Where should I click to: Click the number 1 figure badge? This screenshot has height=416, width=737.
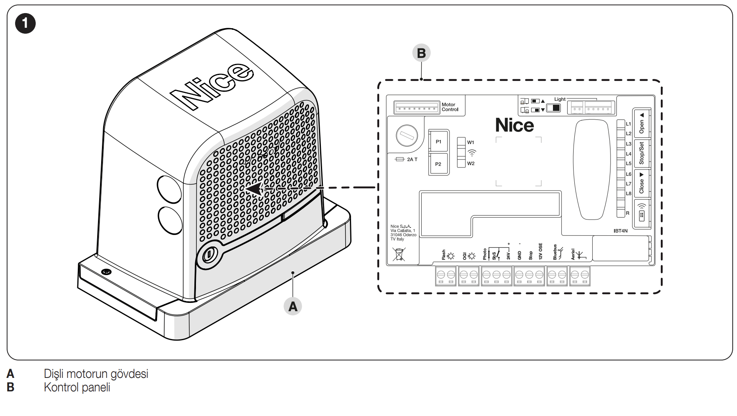point(25,23)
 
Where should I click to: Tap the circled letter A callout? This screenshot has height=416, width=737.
point(293,306)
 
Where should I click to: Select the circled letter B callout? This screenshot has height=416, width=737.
point(421,53)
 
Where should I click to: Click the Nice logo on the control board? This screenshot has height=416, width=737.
point(514,125)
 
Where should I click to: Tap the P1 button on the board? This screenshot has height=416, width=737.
point(438,142)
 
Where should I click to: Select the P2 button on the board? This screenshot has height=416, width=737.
point(438,164)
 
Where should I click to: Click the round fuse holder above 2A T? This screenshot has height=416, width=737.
point(407,136)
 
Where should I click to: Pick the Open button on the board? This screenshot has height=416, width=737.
point(641,123)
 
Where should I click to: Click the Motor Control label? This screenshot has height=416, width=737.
point(450,107)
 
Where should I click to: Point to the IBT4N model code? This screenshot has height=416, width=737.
point(620,231)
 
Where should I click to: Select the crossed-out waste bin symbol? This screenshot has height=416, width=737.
point(399,254)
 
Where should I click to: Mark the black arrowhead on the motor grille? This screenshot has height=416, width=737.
point(254,189)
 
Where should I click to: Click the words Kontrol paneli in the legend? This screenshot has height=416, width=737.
point(77,387)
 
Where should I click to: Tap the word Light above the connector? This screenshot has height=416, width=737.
point(560,99)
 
